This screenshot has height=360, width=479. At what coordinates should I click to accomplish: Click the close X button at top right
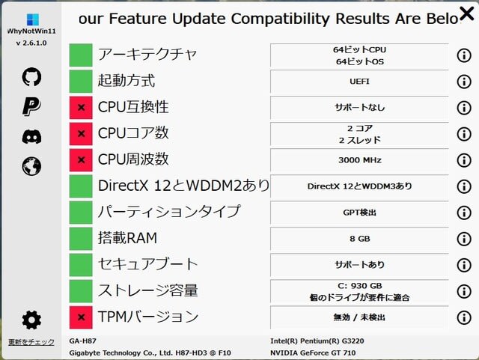point(467,13)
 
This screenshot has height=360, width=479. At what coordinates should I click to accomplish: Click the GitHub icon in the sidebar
point(31,76)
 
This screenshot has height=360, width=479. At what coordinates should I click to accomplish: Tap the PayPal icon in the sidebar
point(31,106)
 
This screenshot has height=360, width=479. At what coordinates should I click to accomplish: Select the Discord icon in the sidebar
point(31,136)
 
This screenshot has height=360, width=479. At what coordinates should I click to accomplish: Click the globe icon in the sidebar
point(31,166)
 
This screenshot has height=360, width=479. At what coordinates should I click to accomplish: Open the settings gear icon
point(31,320)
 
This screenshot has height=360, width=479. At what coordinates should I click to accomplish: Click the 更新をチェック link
point(31,342)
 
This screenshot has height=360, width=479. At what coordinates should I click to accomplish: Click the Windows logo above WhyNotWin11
point(33,19)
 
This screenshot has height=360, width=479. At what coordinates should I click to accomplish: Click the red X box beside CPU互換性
point(81,108)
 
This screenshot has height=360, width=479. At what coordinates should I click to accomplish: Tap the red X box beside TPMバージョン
point(81,317)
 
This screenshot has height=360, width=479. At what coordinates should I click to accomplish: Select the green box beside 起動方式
point(81,82)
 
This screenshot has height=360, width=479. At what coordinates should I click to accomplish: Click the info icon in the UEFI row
point(464,82)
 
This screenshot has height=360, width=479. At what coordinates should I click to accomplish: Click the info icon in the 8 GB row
point(464,239)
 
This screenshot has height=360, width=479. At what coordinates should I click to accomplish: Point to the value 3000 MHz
point(360,160)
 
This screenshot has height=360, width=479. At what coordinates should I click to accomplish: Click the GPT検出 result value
point(360,213)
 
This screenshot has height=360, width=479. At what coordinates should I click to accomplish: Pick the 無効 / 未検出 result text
point(360,317)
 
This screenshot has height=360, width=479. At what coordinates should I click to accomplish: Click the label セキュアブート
point(148,264)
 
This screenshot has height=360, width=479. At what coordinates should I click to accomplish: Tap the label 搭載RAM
point(128,238)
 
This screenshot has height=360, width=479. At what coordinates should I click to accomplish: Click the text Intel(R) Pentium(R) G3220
point(317,341)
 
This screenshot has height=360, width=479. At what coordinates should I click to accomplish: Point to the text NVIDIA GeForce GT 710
point(313,353)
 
